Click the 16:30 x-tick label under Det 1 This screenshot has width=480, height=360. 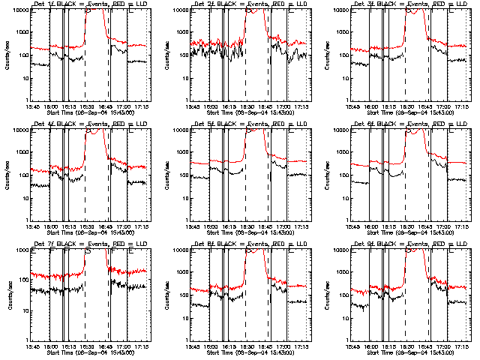(x=86, y=106)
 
